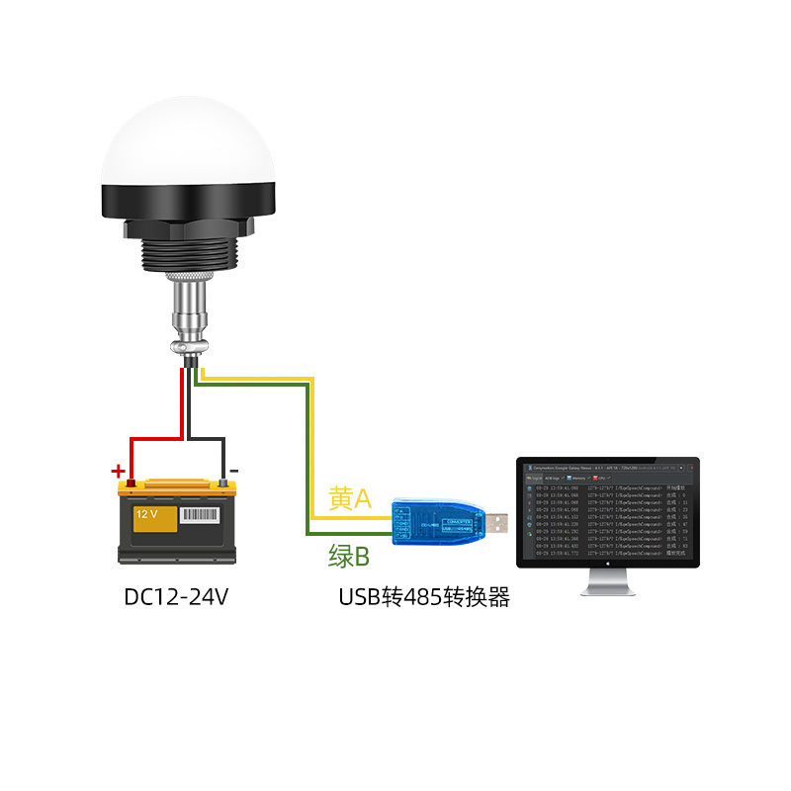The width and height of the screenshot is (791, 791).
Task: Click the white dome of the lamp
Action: point(188,143)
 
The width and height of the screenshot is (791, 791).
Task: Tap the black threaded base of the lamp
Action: point(187,252)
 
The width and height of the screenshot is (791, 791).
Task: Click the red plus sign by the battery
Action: point(118,471)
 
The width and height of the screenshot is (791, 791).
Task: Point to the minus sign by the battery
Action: point(233,471)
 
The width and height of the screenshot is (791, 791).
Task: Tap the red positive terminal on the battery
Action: point(130,483)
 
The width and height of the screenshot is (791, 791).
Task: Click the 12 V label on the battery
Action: point(146,515)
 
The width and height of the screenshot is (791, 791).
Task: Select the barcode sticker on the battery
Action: point(202,516)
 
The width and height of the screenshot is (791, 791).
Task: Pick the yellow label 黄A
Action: point(350,499)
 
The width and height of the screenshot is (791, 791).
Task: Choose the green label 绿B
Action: point(348,557)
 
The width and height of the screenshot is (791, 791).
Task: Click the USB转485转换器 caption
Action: point(424,597)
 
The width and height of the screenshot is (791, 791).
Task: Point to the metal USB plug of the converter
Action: point(498,523)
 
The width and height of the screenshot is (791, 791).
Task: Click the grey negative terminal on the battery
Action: point(224,483)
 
